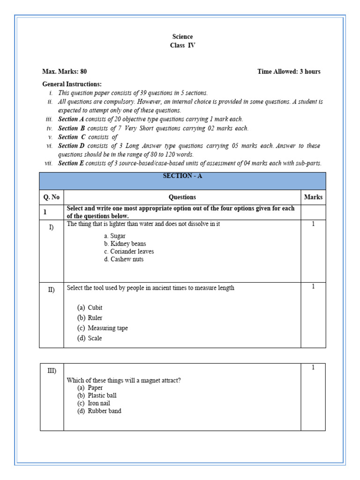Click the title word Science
coord(182,37)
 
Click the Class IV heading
coord(182,45)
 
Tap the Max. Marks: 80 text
coord(64,72)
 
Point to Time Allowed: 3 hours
coord(289,72)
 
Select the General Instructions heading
coord(72,84)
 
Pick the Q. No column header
coord(52,197)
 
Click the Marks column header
coord(313,197)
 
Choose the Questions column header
coord(182,197)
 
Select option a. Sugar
coord(115,236)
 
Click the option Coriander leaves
coord(129,251)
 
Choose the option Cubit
coord(95,308)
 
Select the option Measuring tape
coord(107,328)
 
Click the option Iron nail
coord(98,403)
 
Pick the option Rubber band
coord(104,411)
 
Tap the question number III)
coord(52,371)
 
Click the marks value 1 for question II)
coord(313,286)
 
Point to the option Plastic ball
coord(102,396)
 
